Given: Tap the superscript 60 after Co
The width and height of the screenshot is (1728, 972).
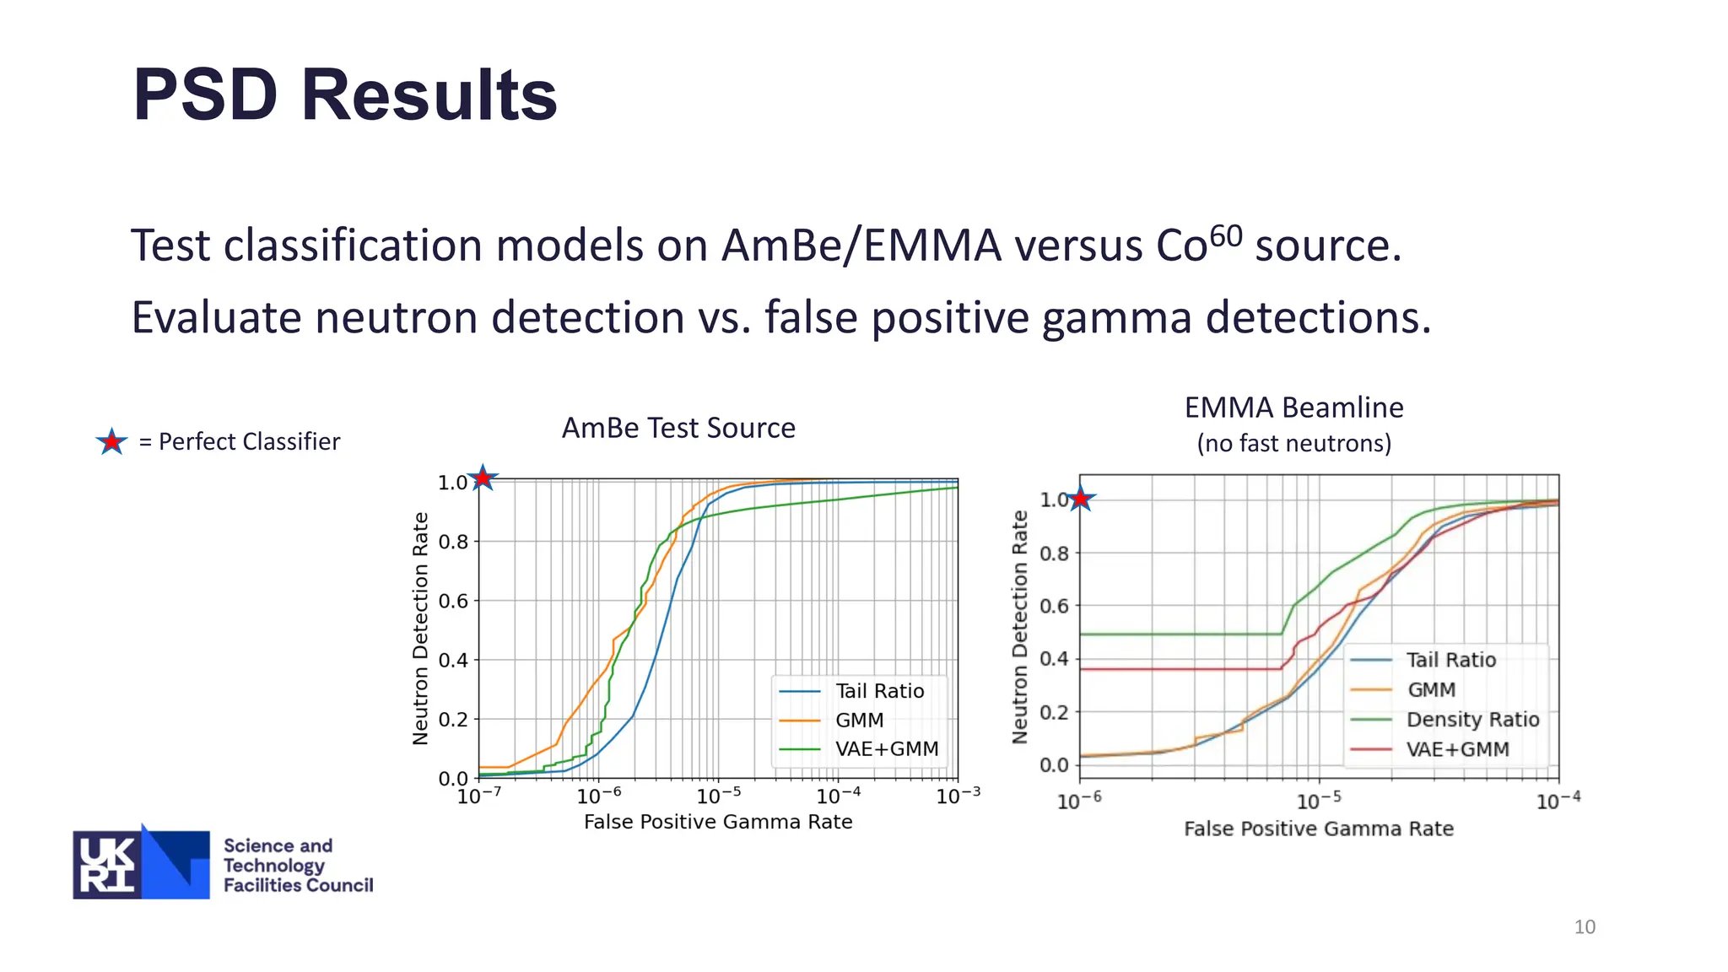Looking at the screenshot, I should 1226,235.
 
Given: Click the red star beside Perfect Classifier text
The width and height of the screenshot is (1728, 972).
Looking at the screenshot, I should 111,441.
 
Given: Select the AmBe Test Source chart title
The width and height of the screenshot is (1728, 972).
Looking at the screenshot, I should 678,428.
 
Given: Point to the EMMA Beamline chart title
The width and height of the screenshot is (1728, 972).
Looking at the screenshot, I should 1293,408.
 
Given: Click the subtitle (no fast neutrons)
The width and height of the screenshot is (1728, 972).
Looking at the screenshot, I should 1293,443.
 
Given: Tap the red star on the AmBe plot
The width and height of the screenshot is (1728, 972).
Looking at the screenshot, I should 482,478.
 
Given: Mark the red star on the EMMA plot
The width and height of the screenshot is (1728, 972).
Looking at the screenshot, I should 1080,499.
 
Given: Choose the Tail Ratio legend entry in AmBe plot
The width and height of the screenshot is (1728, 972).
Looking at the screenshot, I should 879,691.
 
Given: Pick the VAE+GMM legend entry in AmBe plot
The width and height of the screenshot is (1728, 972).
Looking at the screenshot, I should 886,749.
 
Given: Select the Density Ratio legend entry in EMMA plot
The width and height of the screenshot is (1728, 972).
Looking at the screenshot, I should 1472,720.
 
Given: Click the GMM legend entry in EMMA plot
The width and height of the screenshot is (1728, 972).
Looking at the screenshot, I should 1431,690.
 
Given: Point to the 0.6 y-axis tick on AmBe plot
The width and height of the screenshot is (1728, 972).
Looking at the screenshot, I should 453,601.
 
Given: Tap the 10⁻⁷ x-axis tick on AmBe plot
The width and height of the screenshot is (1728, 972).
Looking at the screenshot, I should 478,796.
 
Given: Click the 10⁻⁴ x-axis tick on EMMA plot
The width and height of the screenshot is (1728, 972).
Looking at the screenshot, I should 1558,801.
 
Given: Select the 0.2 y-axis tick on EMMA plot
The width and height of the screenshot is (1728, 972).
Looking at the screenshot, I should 1054,712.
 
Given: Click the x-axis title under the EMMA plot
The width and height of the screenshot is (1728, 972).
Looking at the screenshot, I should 1318,829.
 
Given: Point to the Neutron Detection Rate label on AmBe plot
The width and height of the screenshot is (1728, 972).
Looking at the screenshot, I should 420,629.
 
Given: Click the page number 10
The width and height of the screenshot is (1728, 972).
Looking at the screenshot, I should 1584,926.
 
